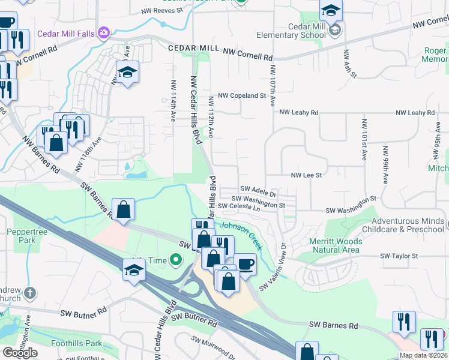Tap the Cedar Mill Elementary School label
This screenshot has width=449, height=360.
290,31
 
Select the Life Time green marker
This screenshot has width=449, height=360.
175,260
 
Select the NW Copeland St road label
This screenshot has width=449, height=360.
242,95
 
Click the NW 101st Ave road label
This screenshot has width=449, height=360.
364,139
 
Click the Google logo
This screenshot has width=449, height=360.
19,353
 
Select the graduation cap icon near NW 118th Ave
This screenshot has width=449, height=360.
127,73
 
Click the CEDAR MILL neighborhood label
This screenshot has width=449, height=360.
194,48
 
